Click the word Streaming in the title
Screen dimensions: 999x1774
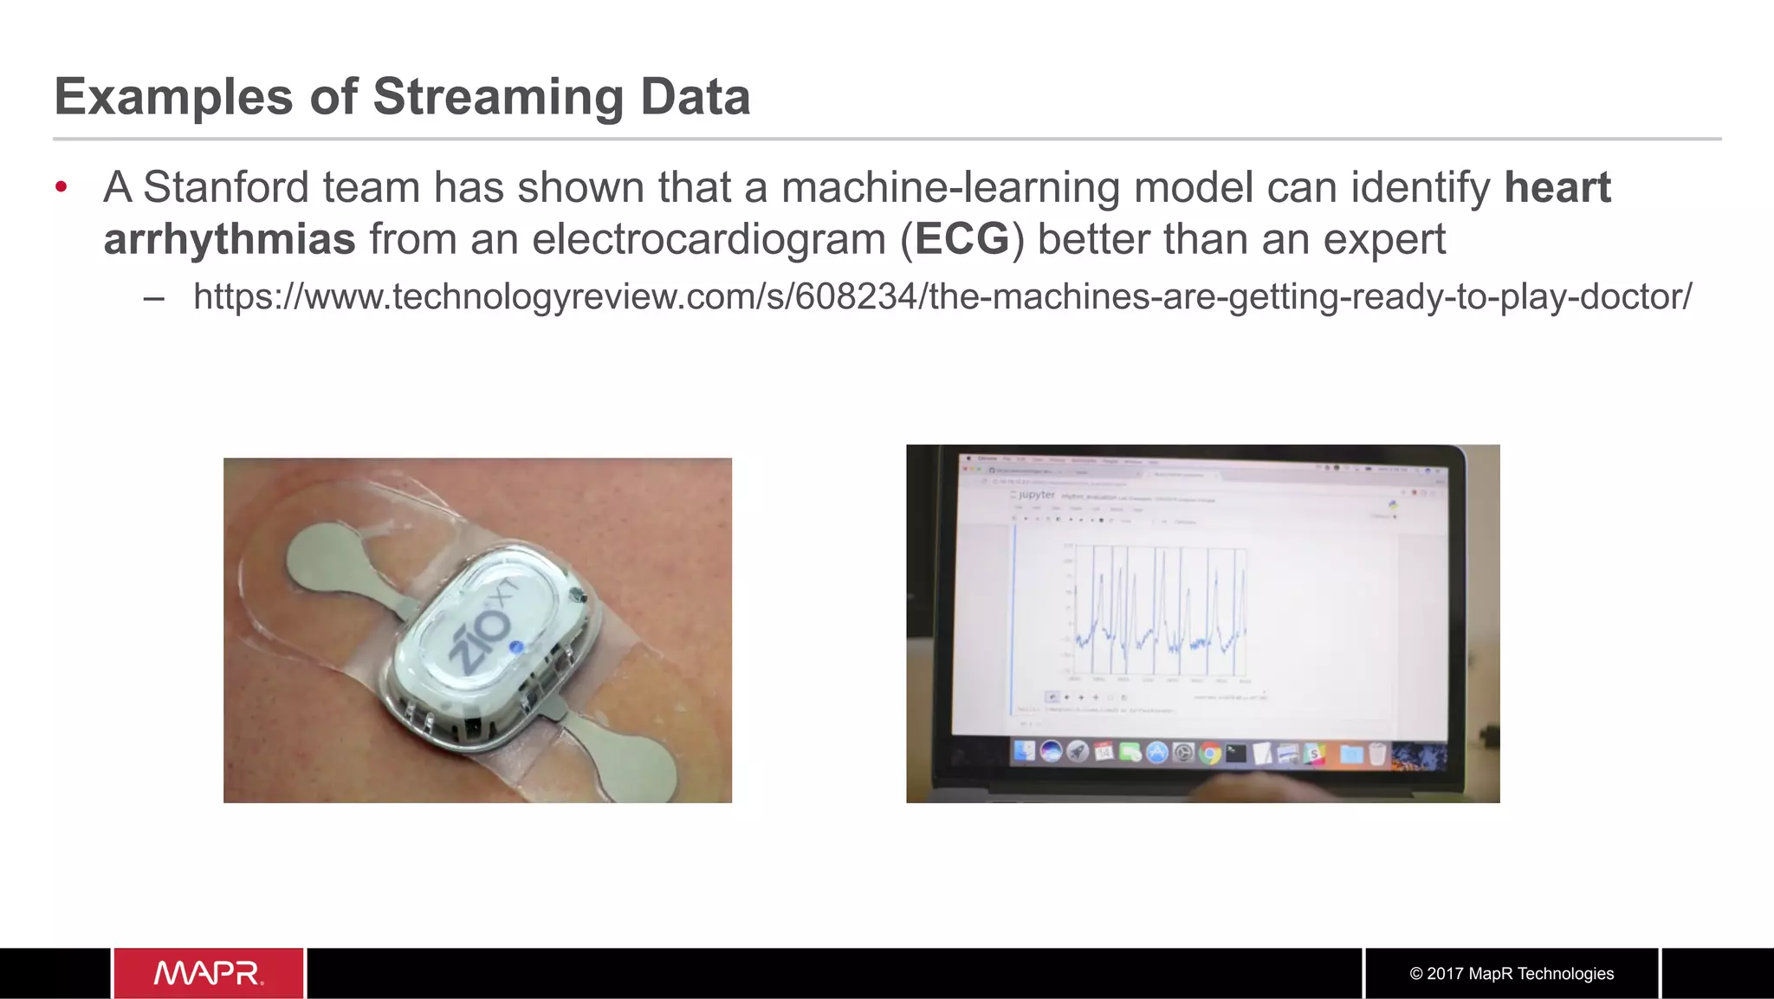pyautogui.click(x=498, y=97)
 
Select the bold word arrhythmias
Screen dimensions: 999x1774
pyautogui.click(x=230, y=239)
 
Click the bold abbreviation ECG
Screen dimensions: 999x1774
pyautogui.click(x=961, y=239)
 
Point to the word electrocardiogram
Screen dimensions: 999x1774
pyautogui.click(x=709, y=239)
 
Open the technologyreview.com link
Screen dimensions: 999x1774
pyautogui.click(x=942, y=296)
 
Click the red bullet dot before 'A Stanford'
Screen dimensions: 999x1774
pyautogui.click(x=62, y=187)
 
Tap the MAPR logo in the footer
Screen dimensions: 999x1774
pyautogui.click(x=208, y=973)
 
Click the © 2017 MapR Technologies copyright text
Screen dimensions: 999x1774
pyautogui.click(x=1512, y=973)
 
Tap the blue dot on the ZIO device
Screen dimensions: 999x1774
pyautogui.click(x=516, y=647)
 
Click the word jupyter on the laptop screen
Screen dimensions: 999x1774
pyautogui.click(x=1037, y=495)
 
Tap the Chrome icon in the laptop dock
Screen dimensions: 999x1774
pyautogui.click(x=1210, y=754)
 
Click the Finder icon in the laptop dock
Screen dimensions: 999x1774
pyautogui.click(x=1025, y=751)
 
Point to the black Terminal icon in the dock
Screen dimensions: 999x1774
pyautogui.click(x=1236, y=754)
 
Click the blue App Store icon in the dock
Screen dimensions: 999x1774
pyautogui.click(x=1156, y=753)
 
